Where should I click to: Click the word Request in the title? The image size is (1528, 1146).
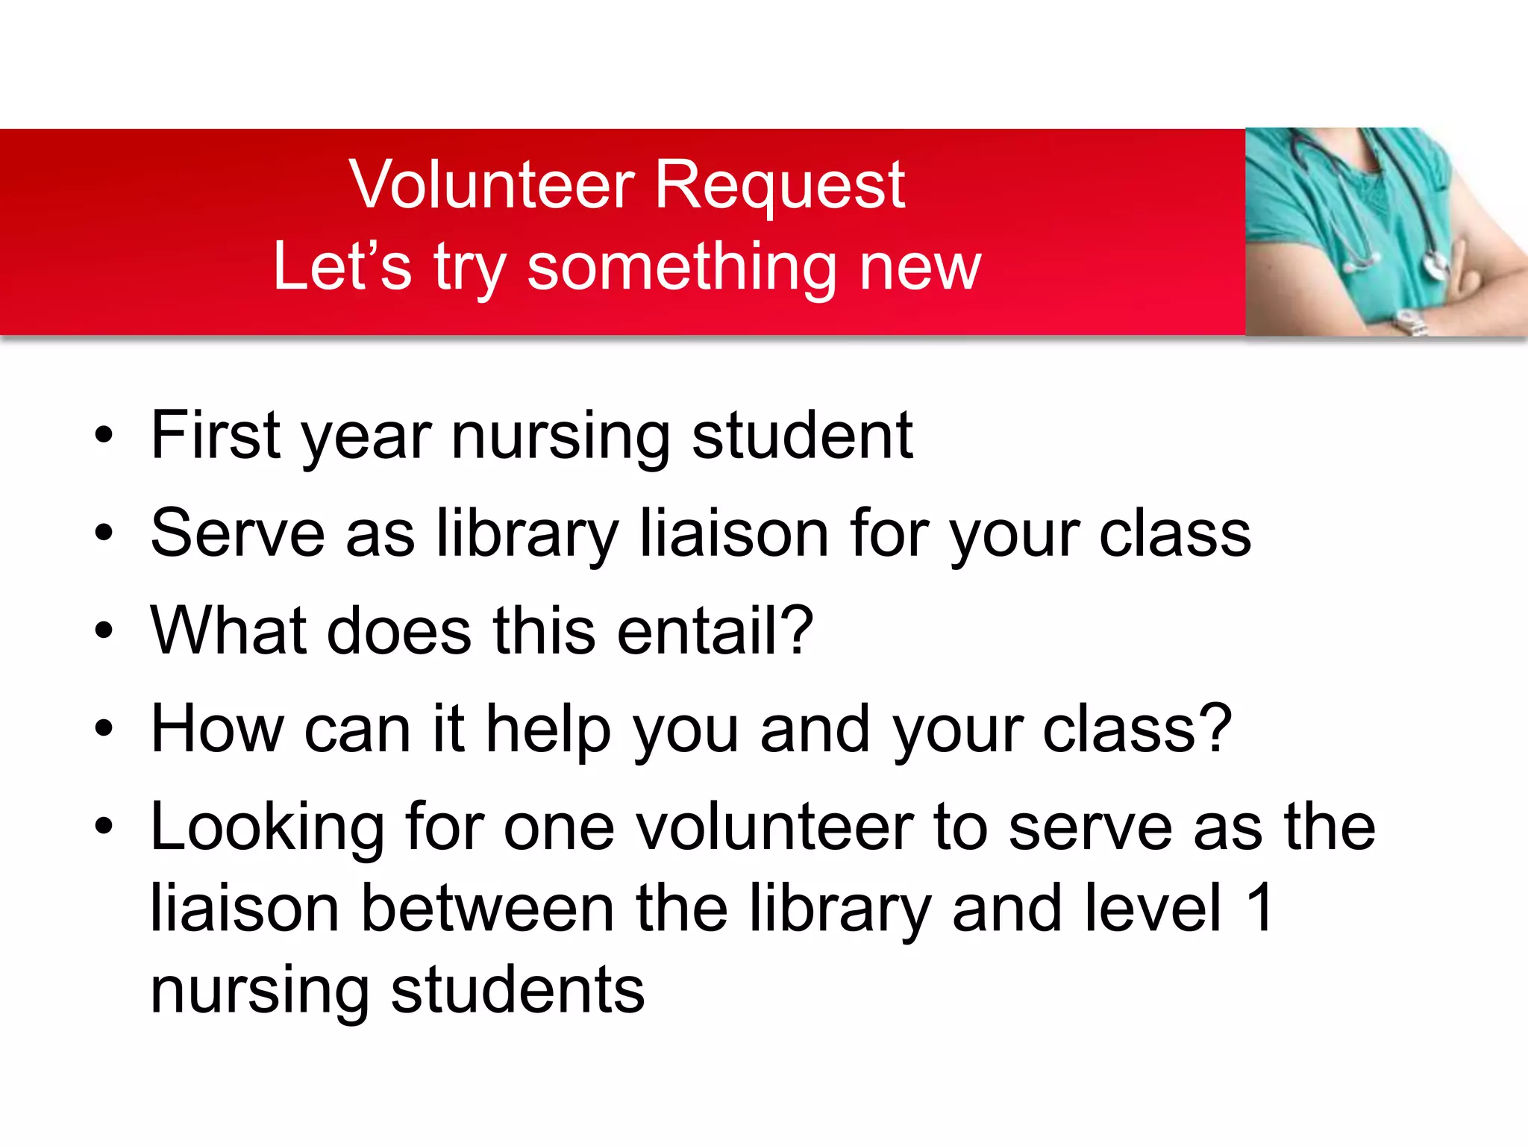(x=780, y=187)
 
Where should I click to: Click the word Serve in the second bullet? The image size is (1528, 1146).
(x=237, y=533)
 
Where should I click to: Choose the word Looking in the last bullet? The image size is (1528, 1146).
(x=267, y=829)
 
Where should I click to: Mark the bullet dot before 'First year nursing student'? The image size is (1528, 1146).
(x=104, y=436)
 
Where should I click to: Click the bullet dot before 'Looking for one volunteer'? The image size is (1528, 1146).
(x=104, y=827)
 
